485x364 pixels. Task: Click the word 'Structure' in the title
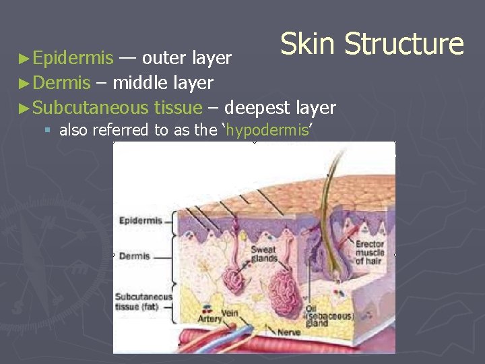404,44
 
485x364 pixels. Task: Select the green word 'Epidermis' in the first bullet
73,59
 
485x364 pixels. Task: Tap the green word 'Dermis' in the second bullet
61,83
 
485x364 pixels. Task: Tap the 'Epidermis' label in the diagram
141,220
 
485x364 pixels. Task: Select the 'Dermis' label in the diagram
134,256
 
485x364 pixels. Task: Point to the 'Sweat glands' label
263,253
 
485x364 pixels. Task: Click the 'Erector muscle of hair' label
369,253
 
